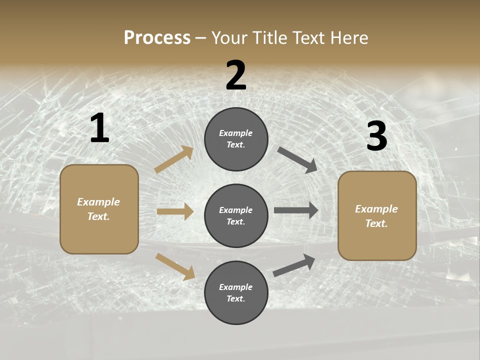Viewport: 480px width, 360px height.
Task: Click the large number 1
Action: (99, 128)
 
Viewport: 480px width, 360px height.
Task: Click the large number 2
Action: (236, 75)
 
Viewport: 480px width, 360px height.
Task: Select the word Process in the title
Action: (157, 37)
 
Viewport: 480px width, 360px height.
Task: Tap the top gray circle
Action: (236, 139)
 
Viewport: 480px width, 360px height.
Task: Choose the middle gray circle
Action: (236, 215)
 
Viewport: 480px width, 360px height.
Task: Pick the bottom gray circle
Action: (236, 292)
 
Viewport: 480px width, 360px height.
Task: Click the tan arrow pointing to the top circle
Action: (174, 159)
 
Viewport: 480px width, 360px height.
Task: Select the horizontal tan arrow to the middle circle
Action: (175, 211)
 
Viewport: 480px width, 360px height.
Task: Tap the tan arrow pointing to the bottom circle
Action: (175, 266)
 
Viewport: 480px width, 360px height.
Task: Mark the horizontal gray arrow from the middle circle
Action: (296, 210)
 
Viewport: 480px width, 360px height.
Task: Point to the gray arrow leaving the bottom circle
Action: (294, 265)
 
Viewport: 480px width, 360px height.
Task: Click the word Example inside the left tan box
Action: (98, 202)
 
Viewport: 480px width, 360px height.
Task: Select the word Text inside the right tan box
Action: (376, 223)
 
